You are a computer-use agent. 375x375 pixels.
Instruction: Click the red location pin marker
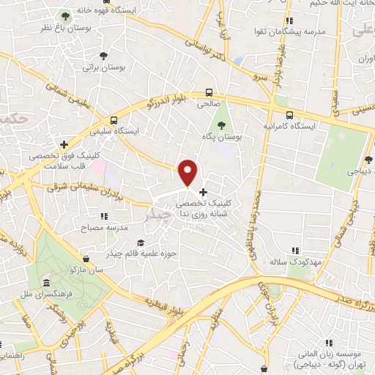[x=189, y=172]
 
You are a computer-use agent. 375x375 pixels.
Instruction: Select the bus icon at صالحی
[x=210, y=92]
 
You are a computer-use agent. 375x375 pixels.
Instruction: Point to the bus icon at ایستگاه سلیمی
[x=114, y=119]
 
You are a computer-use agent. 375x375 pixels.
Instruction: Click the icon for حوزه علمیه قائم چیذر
[x=140, y=242]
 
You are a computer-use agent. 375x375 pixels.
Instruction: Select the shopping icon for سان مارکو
[x=87, y=259]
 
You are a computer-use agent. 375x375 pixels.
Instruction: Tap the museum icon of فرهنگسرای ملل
[x=46, y=283]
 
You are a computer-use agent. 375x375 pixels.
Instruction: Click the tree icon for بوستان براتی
[x=103, y=55]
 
